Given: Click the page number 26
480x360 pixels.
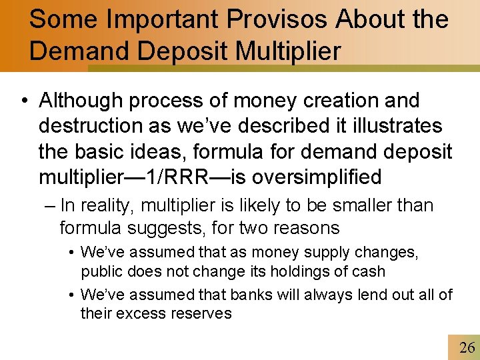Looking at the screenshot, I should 467,347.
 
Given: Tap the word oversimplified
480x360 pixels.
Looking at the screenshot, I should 327,177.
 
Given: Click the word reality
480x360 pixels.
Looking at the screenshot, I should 107,206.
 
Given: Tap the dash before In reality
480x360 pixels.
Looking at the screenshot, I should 49,206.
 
